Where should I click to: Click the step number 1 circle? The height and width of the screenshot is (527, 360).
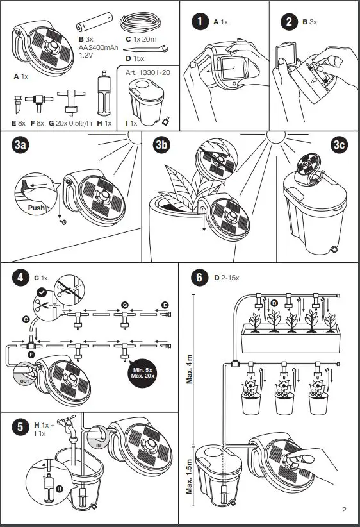(200, 22)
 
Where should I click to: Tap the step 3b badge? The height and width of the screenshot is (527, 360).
(161, 144)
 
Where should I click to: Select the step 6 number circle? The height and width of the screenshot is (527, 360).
(199, 278)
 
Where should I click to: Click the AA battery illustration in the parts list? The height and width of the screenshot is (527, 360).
(94, 22)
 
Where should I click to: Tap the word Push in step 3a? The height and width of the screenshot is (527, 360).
(37, 208)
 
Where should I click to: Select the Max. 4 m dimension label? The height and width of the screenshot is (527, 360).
(190, 369)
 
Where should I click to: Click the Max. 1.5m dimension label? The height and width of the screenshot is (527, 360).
(190, 476)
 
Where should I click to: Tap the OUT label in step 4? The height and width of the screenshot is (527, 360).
(24, 381)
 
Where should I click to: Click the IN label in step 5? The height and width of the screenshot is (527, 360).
(99, 446)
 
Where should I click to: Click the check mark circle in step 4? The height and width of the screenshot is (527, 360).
(42, 292)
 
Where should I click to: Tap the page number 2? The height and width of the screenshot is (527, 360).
(344, 510)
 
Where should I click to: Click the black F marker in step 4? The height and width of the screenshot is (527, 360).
(31, 354)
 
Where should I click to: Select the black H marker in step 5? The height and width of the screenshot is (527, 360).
(60, 489)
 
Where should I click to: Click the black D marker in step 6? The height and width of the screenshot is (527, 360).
(274, 303)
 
